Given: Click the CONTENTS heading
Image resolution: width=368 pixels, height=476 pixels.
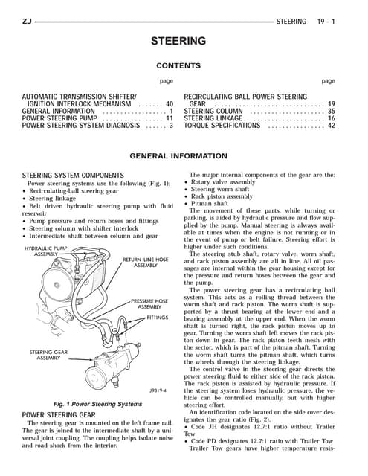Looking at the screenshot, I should (184, 65).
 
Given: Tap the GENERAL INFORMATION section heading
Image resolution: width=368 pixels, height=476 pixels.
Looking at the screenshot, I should (184, 157).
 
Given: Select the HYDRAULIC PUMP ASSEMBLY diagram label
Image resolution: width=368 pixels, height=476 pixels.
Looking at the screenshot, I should (46, 250).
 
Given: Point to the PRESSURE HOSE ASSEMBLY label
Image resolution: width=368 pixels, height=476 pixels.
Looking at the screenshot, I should (150, 304).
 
